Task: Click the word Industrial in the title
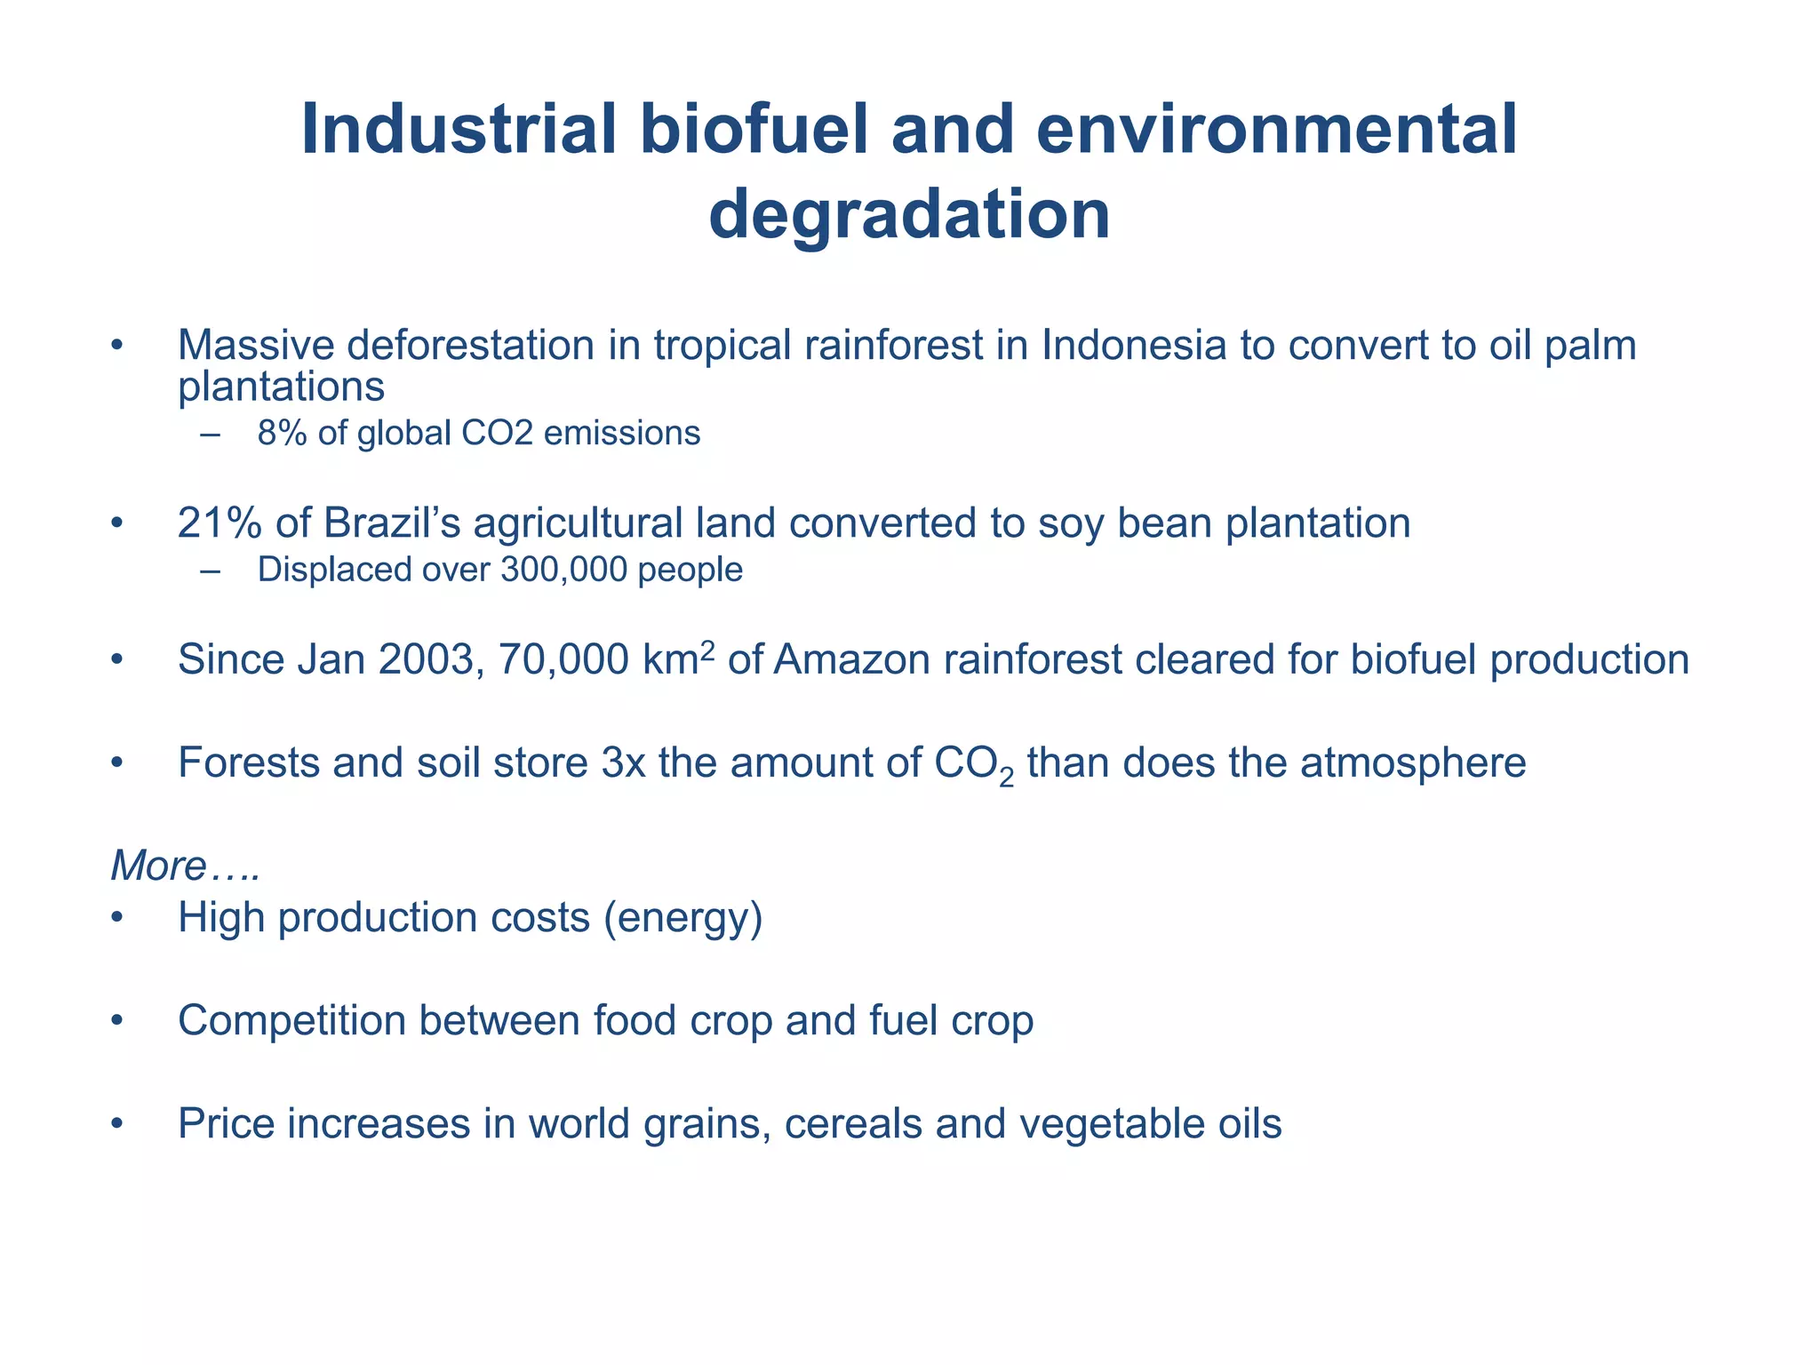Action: pos(459,131)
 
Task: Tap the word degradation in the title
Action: pos(909,215)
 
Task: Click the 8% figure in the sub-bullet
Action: pos(282,434)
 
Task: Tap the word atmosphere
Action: pos(1412,763)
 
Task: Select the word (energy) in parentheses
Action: pos(682,918)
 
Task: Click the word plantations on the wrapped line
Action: pos(281,387)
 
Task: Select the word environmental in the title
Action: pos(1276,131)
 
